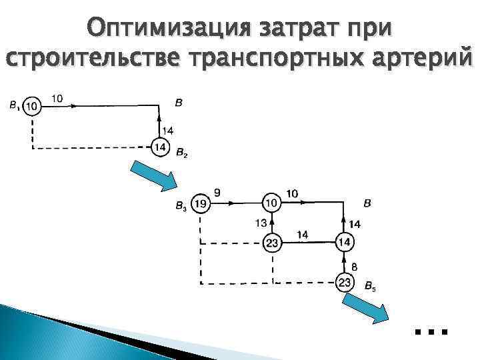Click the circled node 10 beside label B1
[31, 105]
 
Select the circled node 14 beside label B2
[159, 147]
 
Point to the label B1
[14, 105]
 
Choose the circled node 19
[200, 203]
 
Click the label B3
[181, 205]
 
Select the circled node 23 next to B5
[345, 283]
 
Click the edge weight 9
[217, 193]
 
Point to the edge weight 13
[260, 222]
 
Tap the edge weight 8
[355, 267]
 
